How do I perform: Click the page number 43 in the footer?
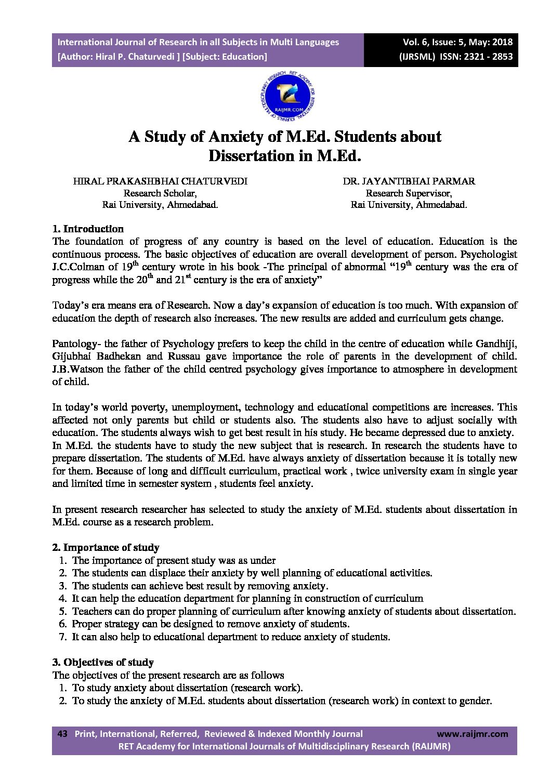(x=62, y=734)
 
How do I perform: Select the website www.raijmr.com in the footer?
(x=472, y=734)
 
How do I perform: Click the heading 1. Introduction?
(x=88, y=229)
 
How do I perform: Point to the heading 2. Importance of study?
(x=106, y=547)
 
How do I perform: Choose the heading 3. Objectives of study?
(x=103, y=662)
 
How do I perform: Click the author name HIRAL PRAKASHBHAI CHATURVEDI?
(x=160, y=181)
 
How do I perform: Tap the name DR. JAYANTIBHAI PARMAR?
(x=409, y=181)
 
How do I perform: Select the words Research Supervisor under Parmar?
(x=409, y=193)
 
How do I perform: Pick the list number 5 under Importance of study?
(x=63, y=611)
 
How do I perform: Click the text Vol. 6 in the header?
(x=415, y=42)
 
